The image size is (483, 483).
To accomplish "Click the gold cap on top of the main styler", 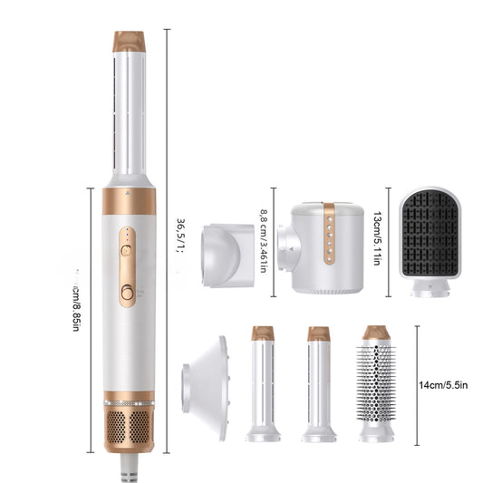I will [x=129, y=42].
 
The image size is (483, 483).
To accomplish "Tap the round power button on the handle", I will [x=128, y=292].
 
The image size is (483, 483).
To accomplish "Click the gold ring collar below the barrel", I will [x=129, y=200].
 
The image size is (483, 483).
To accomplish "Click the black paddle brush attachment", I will [x=431, y=233].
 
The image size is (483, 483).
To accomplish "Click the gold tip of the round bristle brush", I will [x=376, y=333].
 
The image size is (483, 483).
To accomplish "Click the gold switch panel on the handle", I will [x=128, y=266].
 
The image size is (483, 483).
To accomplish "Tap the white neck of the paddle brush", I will [x=430, y=287].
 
